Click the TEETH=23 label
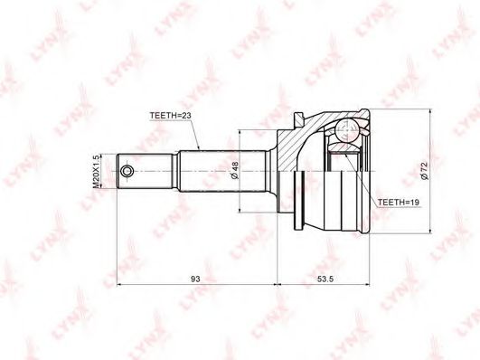[x=170, y=116]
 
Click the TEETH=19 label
[x=399, y=203]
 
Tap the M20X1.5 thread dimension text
[x=96, y=171]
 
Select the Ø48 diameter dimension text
[x=235, y=170]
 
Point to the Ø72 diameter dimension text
[x=424, y=170]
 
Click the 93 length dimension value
[x=195, y=279]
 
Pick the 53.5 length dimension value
[x=325, y=279]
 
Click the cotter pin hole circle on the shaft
[x=127, y=171]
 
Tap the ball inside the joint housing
[x=346, y=130]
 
